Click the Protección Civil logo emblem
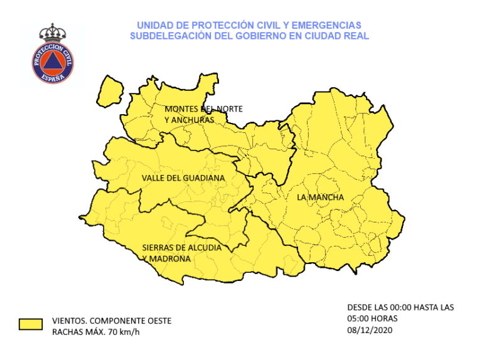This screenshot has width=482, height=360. [x=53, y=60]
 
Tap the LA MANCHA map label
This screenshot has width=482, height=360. [x=320, y=198]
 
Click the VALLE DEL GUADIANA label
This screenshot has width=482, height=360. [x=183, y=178]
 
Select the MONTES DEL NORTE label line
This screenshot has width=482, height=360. [x=203, y=109]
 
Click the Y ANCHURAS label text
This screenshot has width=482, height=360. [x=189, y=119]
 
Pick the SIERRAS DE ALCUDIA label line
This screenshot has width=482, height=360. [x=181, y=248]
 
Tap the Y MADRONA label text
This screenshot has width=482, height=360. [x=166, y=258]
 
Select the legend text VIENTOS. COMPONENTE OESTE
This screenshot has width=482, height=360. [x=111, y=320]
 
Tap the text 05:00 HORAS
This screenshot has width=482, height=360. [x=372, y=319]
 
